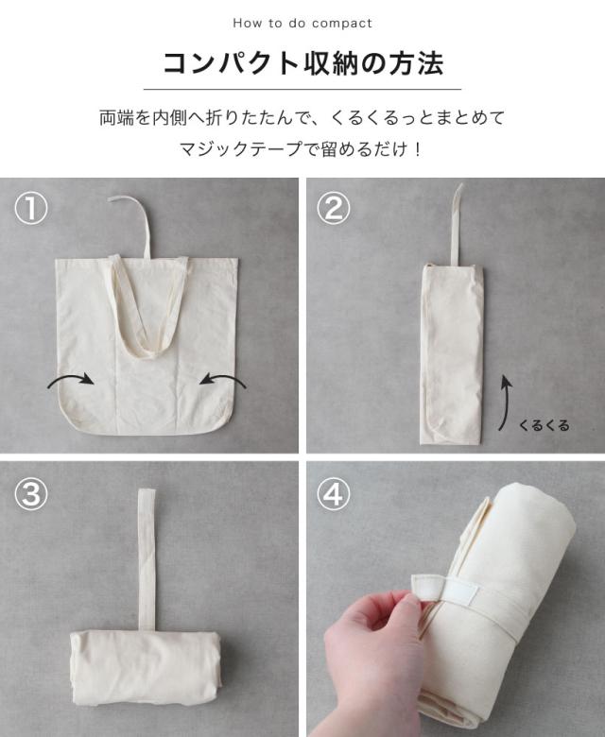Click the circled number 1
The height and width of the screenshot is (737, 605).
(31, 209)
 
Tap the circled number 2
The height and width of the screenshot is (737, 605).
(334, 209)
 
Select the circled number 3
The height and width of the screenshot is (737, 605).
(31, 493)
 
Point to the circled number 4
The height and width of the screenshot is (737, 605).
(334, 493)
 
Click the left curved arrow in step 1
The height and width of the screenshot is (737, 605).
(71, 377)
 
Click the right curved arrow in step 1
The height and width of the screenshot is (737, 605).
(223, 377)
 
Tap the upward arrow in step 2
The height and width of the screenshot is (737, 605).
(505, 402)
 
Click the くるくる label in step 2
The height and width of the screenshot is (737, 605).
(544, 425)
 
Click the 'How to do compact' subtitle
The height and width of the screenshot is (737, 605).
(302, 23)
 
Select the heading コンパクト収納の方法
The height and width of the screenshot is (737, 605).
(302, 63)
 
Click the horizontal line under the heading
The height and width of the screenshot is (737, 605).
(302, 89)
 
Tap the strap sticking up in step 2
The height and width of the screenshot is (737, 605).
(456, 226)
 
